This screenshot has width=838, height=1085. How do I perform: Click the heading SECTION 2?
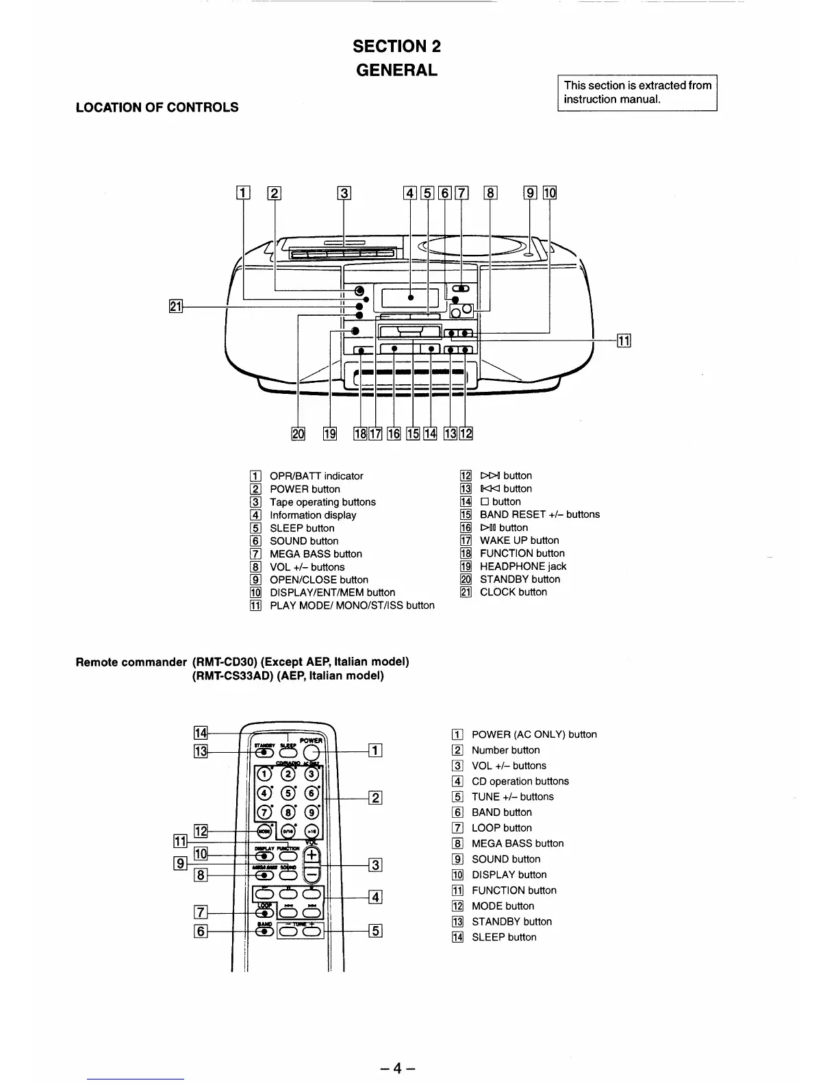coord(396,47)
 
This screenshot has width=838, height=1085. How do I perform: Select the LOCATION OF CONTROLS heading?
coord(157,107)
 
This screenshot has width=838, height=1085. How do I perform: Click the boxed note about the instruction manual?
coord(637,92)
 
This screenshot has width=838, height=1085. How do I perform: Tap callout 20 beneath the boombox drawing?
coord(298,433)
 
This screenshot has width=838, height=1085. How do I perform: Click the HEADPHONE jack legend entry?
coord(522,566)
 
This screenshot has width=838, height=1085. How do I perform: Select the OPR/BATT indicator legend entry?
coord(316,476)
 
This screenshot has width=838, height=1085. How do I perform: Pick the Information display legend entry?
coord(312,515)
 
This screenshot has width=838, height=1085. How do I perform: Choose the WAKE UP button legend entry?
coord(519,540)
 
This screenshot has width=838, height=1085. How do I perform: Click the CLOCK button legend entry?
coord(513,593)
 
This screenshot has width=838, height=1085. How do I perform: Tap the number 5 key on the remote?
coord(288,794)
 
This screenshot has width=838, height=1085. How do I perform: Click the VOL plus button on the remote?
coord(312,855)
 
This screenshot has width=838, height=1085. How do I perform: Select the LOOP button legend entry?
coord(501,828)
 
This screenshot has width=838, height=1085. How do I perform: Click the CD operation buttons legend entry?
coord(520,782)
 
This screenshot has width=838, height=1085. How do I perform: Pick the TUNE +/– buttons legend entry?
coord(512,797)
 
